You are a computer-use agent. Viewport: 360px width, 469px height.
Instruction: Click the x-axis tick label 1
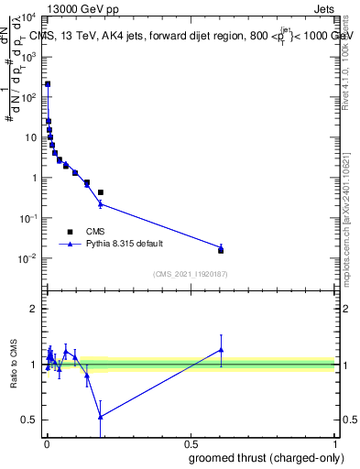[x=334, y=444]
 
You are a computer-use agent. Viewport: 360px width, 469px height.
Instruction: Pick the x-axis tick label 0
[x=46, y=444]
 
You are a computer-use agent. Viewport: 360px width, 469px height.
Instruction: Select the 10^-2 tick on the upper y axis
[x=27, y=258]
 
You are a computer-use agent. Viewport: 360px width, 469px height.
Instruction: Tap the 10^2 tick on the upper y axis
[x=27, y=97]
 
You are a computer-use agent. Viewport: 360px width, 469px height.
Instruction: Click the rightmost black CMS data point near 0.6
[x=221, y=250]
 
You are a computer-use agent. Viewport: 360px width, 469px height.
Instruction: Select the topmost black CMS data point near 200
[x=48, y=84]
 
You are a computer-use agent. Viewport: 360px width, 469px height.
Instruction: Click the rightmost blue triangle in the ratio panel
[x=221, y=349]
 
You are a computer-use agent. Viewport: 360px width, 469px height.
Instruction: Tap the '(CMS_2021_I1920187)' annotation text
[x=190, y=274]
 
